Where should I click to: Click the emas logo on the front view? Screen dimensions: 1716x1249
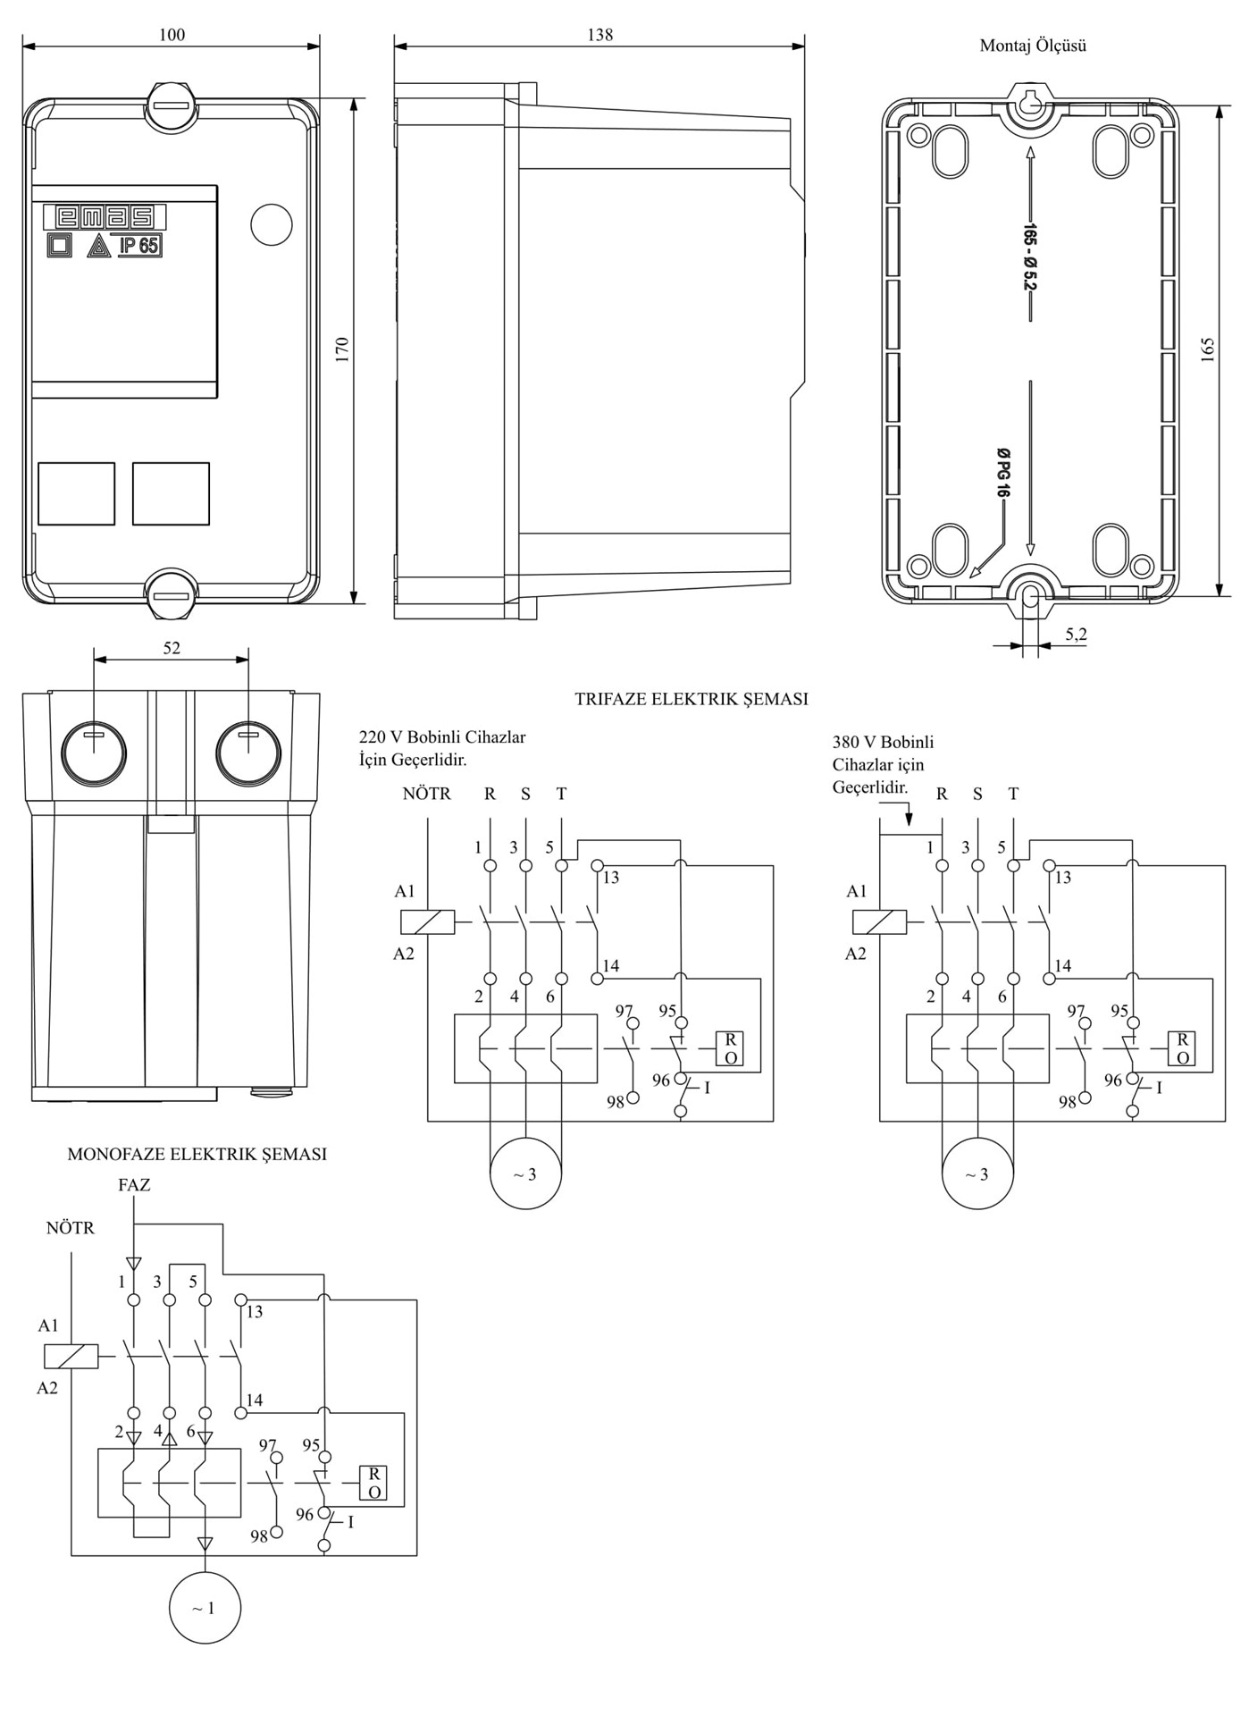pyautogui.click(x=104, y=217)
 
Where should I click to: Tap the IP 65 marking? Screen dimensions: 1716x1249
pyautogui.click(x=140, y=245)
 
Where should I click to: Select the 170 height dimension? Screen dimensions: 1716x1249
pyautogui.click(x=341, y=349)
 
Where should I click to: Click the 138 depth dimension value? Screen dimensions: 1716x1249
pyautogui.click(x=599, y=35)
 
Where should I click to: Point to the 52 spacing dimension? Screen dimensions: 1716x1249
pyautogui.click(x=172, y=648)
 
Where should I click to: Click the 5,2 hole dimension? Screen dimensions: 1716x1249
pyautogui.click(x=1076, y=634)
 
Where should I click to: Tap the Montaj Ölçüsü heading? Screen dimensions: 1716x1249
pyautogui.click(x=1033, y=46)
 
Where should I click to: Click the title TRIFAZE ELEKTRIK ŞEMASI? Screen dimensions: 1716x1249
pyautogui.click(x=692, y=699)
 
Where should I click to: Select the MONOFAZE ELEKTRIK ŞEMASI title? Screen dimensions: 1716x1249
pyautogui.click(x=197, y=1154)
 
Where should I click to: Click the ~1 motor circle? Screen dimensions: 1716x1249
pyautogui.click(x=205, y=1608)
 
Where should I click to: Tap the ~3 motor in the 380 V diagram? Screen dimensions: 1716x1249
pyautogui.click(x=977, y=1173)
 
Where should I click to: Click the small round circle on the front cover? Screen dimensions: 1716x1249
pyautogui.click(x=272, y=223)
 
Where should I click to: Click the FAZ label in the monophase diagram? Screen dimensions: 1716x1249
pyautogui.click(x=134, y=1185)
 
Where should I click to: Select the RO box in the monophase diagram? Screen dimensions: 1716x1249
pyautogui.click(x=373, y=1483)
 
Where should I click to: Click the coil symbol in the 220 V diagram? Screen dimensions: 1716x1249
pyautogui.click(x=427, y=921)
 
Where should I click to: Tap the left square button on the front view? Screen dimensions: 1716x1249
pyautogui.click(x=77, y=493)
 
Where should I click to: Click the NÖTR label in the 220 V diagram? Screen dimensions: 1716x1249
pyautogui.click(x=426, y=794)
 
